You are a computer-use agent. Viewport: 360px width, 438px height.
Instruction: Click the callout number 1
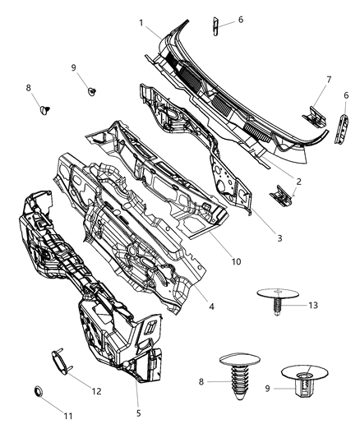141,22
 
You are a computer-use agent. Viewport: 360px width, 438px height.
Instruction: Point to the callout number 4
211,307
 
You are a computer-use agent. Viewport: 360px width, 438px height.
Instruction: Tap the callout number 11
68,416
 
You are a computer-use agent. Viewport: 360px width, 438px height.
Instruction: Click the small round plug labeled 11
38,391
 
